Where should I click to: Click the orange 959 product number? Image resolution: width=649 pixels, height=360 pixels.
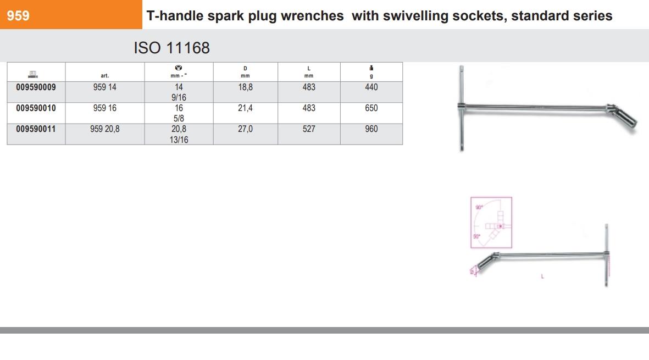click(18, 16)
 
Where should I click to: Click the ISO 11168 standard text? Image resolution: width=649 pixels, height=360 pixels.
click(171, 48)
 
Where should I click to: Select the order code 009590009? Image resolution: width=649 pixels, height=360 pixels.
click(36, 87)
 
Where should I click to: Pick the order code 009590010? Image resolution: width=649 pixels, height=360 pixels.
click(36, 108)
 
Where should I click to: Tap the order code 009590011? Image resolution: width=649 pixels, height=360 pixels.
click(36, 129)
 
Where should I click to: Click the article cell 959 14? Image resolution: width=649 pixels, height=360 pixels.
click(104, 87)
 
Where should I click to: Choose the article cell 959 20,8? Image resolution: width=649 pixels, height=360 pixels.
click(104, 129)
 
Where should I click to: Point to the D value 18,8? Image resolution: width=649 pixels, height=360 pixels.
click(245, 87)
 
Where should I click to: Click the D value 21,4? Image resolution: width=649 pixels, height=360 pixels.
click(245, 108)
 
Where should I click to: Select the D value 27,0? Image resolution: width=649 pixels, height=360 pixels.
click(245, 129)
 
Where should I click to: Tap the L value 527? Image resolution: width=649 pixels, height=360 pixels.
click(309, 129)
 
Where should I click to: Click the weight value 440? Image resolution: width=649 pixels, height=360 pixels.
click(371, 87)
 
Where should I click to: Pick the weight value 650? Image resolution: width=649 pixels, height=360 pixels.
click(371, 108)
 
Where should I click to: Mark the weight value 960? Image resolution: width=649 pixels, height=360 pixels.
click(371, 129)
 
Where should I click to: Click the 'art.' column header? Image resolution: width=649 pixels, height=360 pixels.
click(104, 76)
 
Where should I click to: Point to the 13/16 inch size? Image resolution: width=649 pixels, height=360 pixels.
click(179, 140)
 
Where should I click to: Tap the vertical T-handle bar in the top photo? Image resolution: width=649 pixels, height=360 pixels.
click(461, 107)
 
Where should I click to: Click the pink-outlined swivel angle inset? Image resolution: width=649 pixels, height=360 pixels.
click(491, 222)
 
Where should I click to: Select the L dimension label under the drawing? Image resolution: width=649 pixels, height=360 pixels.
click(542, 276)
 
